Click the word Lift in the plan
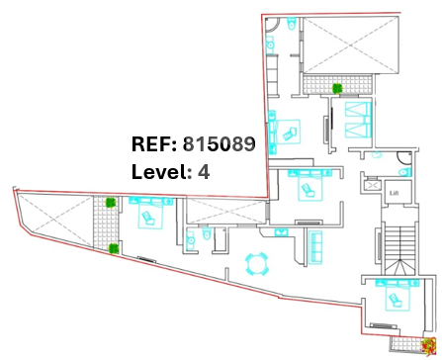[395, 193]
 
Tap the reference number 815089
[220, 144]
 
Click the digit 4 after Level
[204, 172]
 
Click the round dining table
[257, 264]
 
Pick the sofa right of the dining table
[315, 247]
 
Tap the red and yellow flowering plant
[429, 347]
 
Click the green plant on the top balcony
[337, 88]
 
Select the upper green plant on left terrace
[110, 203]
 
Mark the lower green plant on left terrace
[114, 248]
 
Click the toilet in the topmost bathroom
[292, 23]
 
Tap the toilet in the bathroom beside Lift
[405, 172]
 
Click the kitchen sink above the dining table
[281, 232]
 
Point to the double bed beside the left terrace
[150, 212]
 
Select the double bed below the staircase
[398, 295]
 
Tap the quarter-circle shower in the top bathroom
[272, 23]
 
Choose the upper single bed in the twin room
[358, 110]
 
